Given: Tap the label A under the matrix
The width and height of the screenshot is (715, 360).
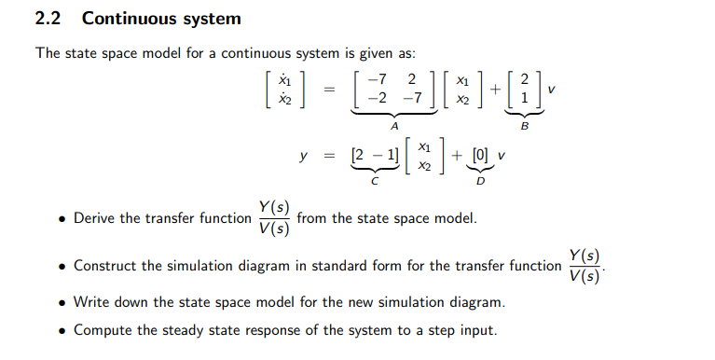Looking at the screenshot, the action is (394, 124).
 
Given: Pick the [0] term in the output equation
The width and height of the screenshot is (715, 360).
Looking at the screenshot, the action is (480, 156).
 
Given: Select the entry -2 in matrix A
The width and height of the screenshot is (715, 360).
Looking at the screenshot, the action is (376, 97).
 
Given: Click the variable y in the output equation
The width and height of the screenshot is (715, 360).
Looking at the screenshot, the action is (303, 156).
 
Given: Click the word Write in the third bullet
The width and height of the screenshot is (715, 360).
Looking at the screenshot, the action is (92, 302).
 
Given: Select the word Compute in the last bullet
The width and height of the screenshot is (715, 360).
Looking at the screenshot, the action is (103, 329).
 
